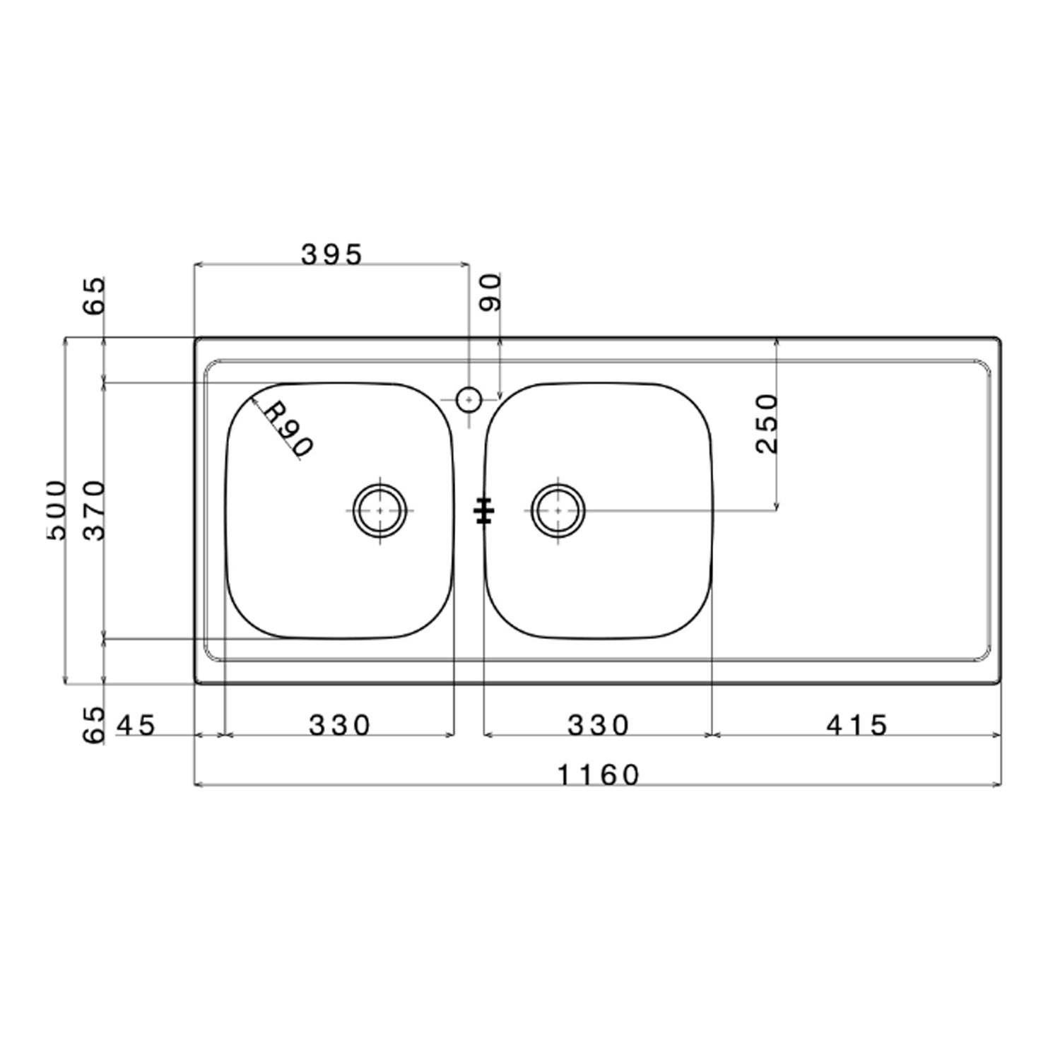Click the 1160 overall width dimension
point(598,775)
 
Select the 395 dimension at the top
point(331,254)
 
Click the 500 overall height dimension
point(56,510)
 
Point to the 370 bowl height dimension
point(94,510)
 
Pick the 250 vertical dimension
point(767,423)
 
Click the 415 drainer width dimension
point(856,725)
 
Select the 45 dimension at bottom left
point(136,725)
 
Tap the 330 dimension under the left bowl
point(339,725)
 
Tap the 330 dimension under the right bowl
point(598,725)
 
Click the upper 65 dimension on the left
point(94,295)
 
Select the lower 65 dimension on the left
point(94,725)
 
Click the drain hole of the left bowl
point(380,510)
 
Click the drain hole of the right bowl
point(558,510)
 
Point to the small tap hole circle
point(468,400)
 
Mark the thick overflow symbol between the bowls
point(484,511)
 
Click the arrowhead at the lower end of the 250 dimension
point(777,505)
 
